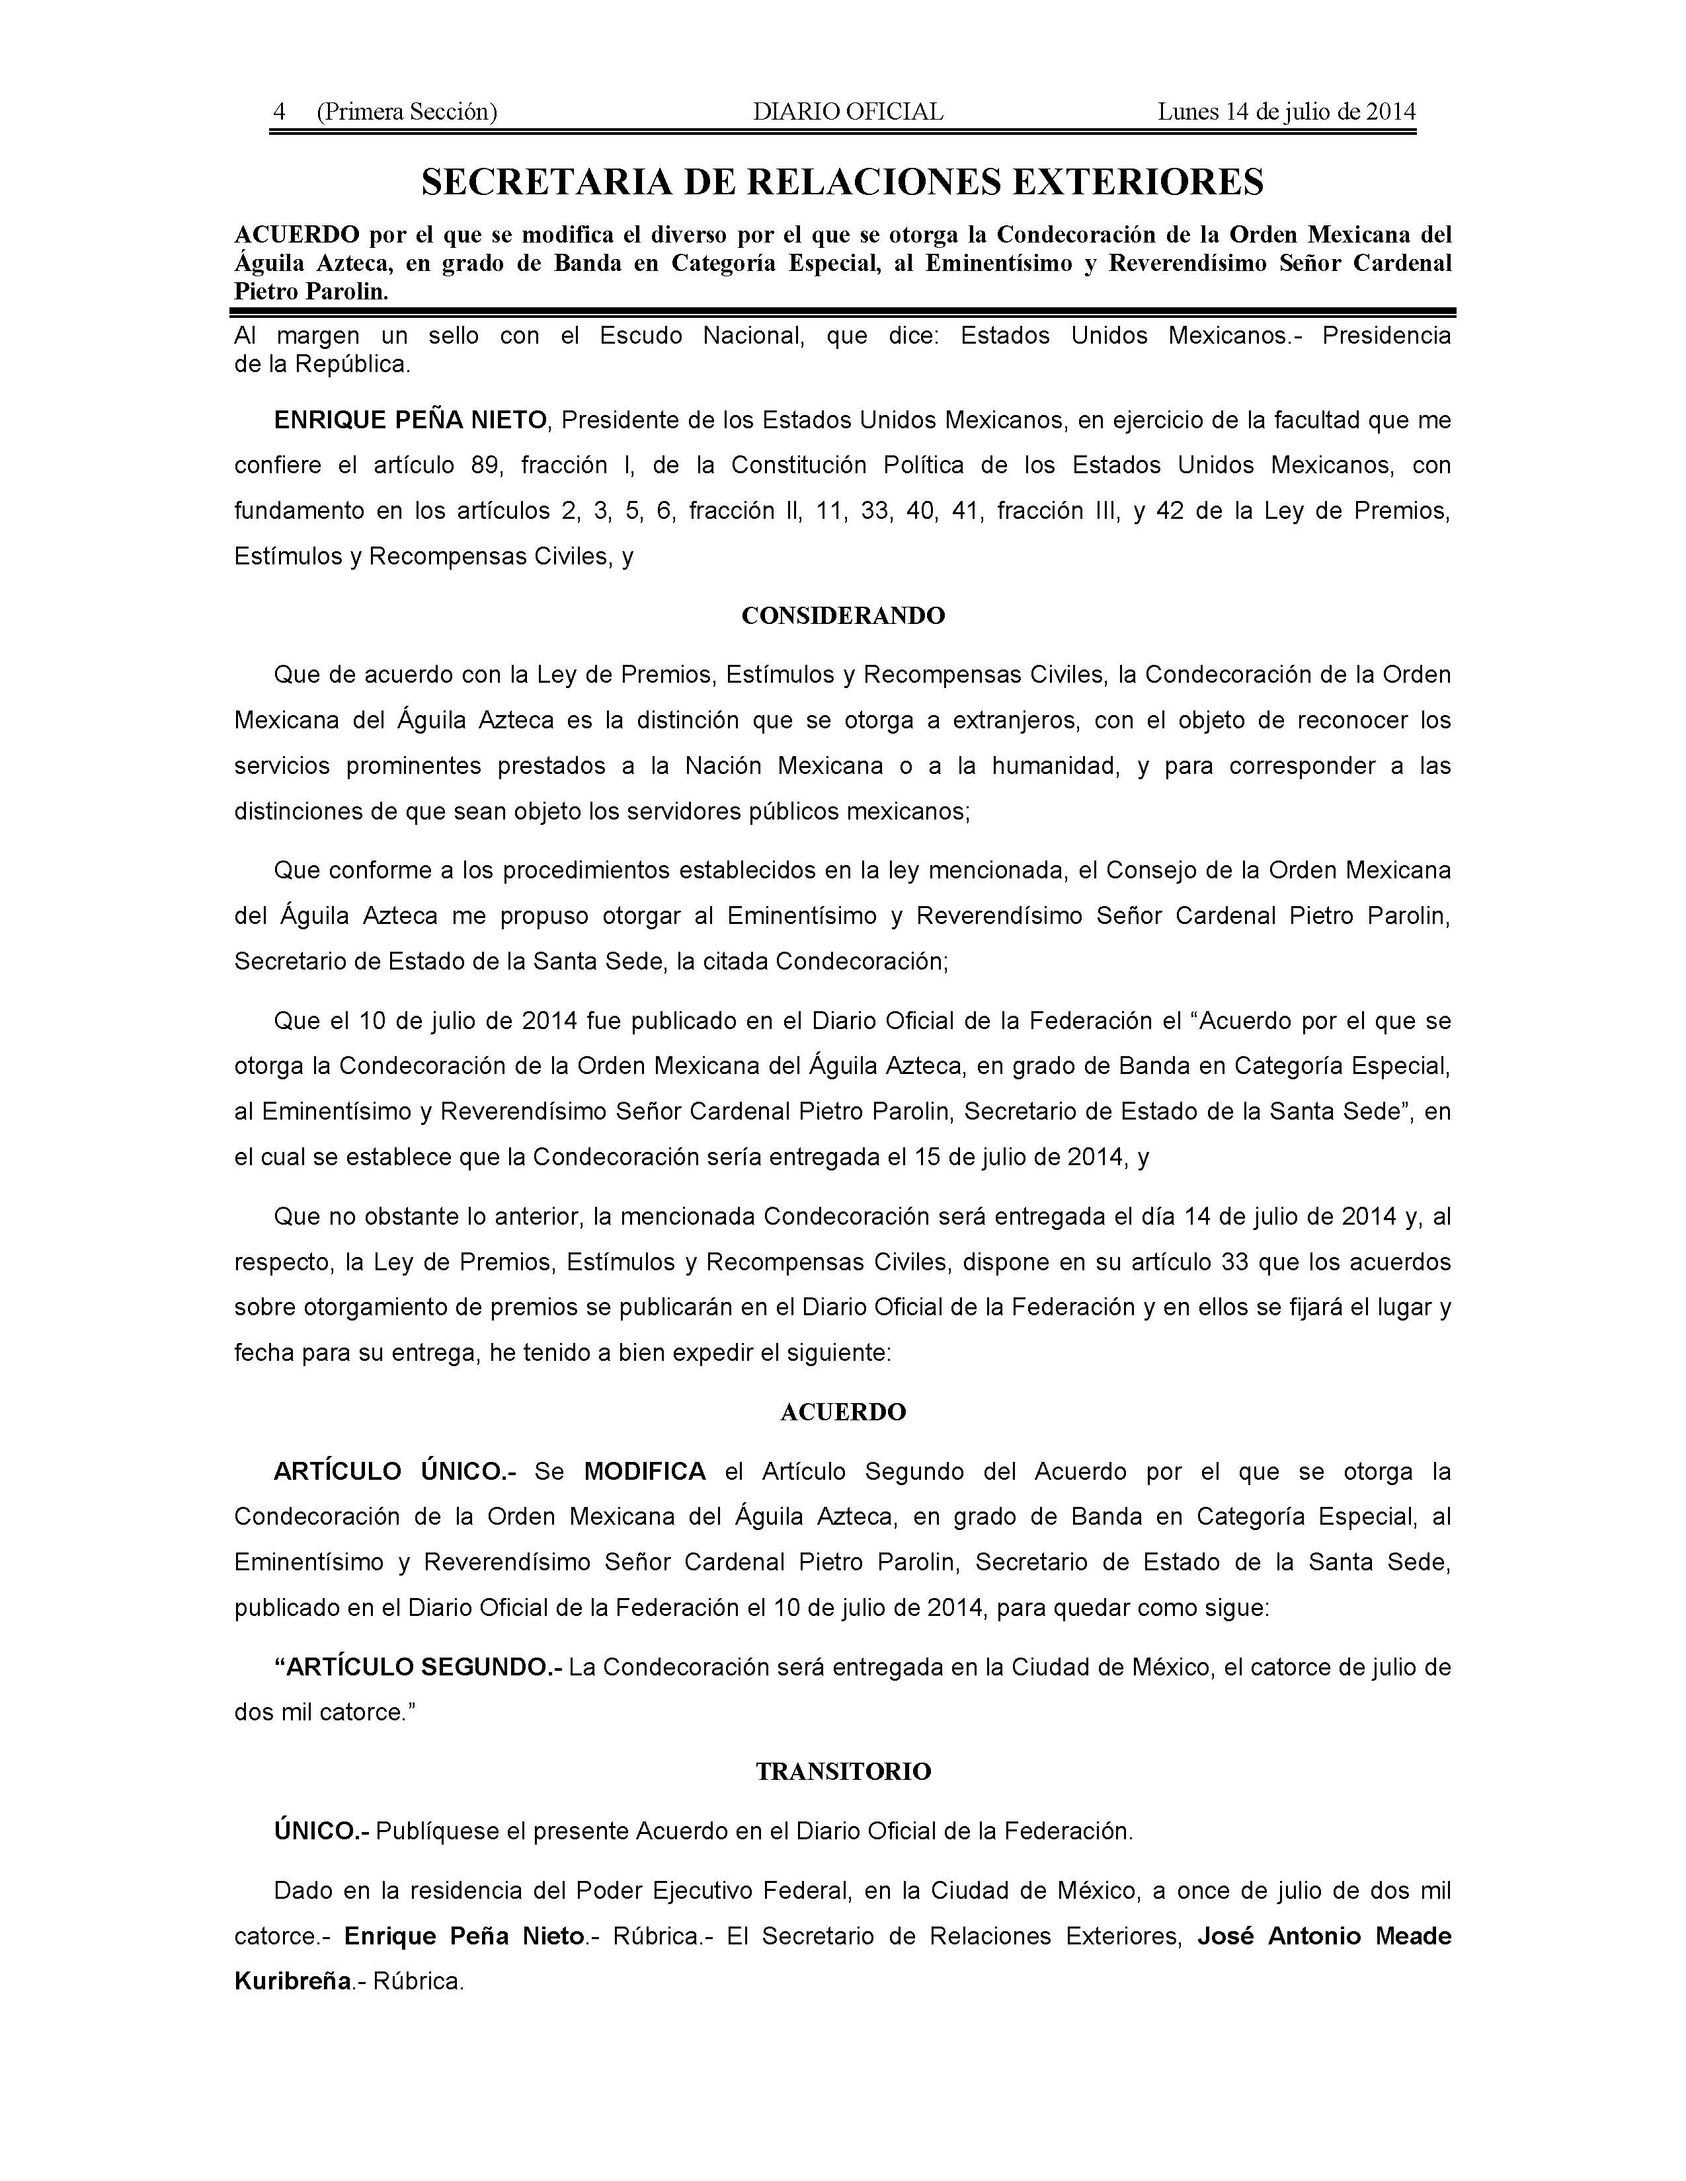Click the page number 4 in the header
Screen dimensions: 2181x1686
point(280,112)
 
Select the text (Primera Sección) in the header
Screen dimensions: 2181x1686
point(407,112)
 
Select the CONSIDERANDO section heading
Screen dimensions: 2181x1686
point(843,616)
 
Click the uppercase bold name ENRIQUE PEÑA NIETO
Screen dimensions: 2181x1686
point(411,420)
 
